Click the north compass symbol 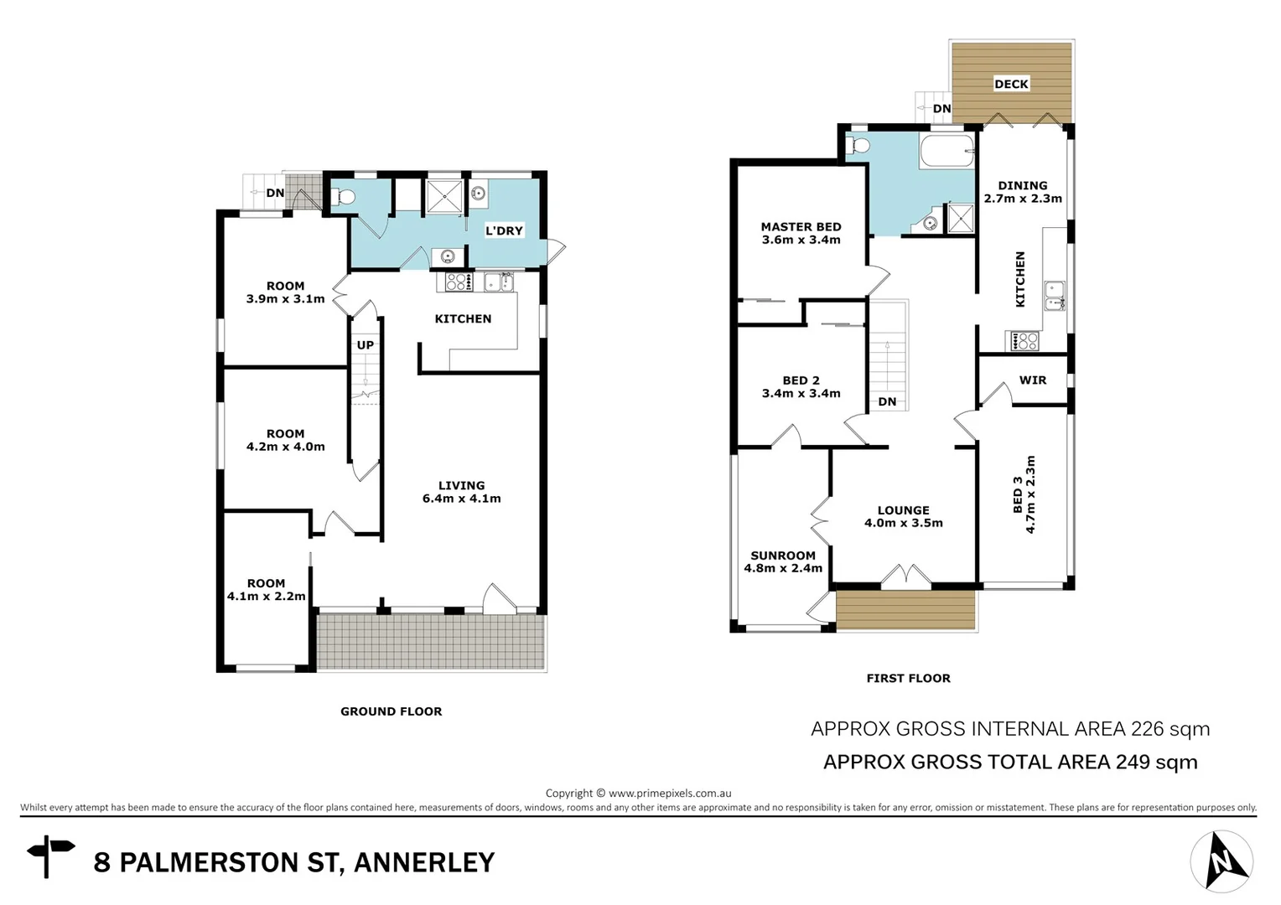click(x=1221, y=861)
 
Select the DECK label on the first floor click(x=1011, y=84)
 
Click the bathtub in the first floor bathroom click(x=947, y=153)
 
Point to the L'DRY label click(x=504, y=230)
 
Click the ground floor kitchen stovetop click(x=458, y=282)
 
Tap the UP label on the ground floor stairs click(x=366, y=344)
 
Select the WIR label click(x=1032, y=380)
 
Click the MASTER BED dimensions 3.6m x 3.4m click(x=801, y=240)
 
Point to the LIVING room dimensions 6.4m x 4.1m click(x=461, y=499)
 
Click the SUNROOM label click(x=782, y=555)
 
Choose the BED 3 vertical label click(x=1017, y=494)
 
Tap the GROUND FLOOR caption click(x=391, y=711)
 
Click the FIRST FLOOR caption click(x=908, y=678)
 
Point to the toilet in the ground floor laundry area click(x=343, y=198)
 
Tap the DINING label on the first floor click(x=1022, y=185)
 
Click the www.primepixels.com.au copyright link click(x=670, y=793)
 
